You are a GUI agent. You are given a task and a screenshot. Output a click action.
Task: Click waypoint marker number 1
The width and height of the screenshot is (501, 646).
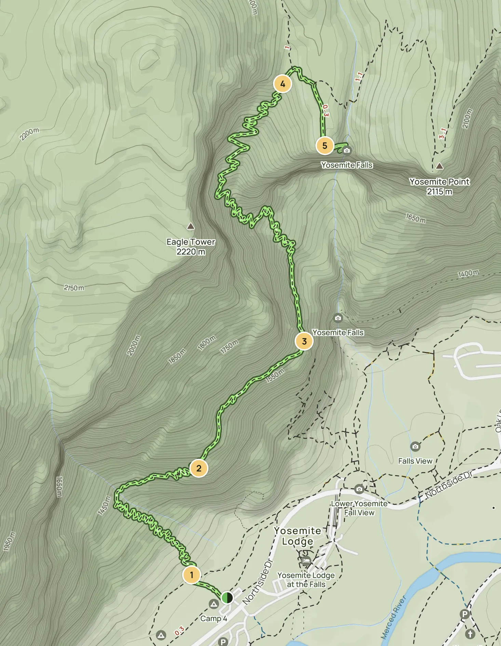[x=191, y=575]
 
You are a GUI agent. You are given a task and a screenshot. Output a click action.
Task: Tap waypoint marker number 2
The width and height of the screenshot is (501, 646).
[x=199, y=468]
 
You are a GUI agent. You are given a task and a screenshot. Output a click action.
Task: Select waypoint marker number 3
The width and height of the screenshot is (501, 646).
[x=304, y=341]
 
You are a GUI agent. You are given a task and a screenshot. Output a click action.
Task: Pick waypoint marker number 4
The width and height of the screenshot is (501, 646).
[x=283, y=84]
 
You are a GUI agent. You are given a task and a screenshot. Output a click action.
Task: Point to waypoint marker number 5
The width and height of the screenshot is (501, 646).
[x=325, y=146]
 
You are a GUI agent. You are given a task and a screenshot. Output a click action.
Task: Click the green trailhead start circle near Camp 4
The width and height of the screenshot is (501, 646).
[x=227, y=598]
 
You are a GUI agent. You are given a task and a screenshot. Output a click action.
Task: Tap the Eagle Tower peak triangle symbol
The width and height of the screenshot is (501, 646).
[x=191, y=226]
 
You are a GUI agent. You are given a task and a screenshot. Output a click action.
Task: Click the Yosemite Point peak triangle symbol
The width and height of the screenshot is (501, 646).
[x=439, y=166]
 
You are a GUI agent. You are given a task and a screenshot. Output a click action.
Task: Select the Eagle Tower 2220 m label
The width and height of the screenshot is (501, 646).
[x=191, y=247]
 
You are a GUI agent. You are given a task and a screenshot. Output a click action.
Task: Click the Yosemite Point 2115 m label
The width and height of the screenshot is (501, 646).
[x=439, y=187]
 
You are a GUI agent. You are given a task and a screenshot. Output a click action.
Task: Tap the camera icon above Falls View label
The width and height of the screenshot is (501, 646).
[x=415, y=446]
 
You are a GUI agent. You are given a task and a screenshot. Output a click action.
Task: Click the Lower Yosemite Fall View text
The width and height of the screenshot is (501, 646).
[x=359, y=508]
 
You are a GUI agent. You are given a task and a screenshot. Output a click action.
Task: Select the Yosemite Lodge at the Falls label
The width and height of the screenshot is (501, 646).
[x=306, y=580]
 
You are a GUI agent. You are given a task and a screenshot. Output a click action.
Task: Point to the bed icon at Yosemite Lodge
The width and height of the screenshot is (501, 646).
[x=306, y=560]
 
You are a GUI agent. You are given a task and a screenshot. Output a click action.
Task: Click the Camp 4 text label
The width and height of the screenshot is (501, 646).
[x=214, y=619]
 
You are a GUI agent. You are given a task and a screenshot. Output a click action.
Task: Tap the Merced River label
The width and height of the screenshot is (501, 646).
[x=394, y=617]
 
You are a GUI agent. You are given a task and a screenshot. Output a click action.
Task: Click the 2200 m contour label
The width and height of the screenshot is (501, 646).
[x=29, y=134]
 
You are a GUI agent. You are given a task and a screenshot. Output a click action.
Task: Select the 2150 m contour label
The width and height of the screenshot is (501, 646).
[x=74, y=288]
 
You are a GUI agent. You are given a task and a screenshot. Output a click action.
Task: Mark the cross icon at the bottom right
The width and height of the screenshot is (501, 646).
[x=470, y=634]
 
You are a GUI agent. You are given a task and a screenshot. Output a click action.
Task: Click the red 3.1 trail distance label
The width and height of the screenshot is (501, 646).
[x=442, y=133]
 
